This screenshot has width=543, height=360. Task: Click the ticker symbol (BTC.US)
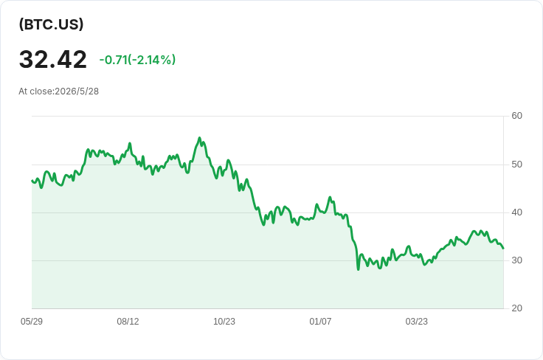tap(51, 24)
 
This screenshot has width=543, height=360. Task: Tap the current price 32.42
tap(52, 60)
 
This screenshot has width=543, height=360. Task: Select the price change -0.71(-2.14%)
tap(137, 60)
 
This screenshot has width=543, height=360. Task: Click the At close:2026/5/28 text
tap(58, 91)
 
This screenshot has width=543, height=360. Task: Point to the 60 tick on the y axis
tap(516, 116)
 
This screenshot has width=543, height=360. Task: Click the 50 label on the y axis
tap(516, 165)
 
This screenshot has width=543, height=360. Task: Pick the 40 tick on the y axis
tap(516, 212)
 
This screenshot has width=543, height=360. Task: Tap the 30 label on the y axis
tap(516, 260)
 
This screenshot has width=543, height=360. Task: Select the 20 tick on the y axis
tap(516, 308)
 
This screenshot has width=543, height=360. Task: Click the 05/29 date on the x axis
tap(32, 322)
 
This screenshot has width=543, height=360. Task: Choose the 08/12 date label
tap(128, 322)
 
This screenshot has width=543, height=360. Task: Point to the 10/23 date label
tap(224, 322)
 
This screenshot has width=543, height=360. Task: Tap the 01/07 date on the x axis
tap(320, 322)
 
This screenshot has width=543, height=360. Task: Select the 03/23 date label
tap(417, 322)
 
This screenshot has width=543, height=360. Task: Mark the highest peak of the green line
tap(199, 138)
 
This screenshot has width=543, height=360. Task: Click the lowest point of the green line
tap(358, 269)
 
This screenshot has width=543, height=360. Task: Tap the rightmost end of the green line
tap(503, 248)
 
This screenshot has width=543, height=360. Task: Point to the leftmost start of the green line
tap(32, 180)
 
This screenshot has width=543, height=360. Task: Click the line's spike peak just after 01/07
tap(330, 197)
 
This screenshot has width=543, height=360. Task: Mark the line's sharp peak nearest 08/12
tap(130, 143)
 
